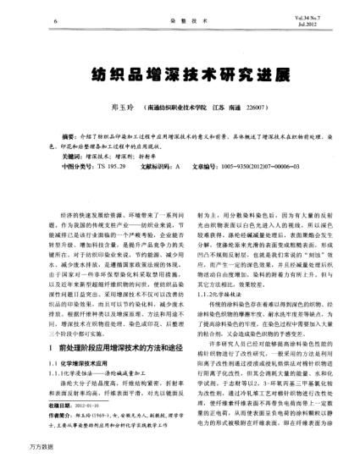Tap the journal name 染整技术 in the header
click(180, 17)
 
